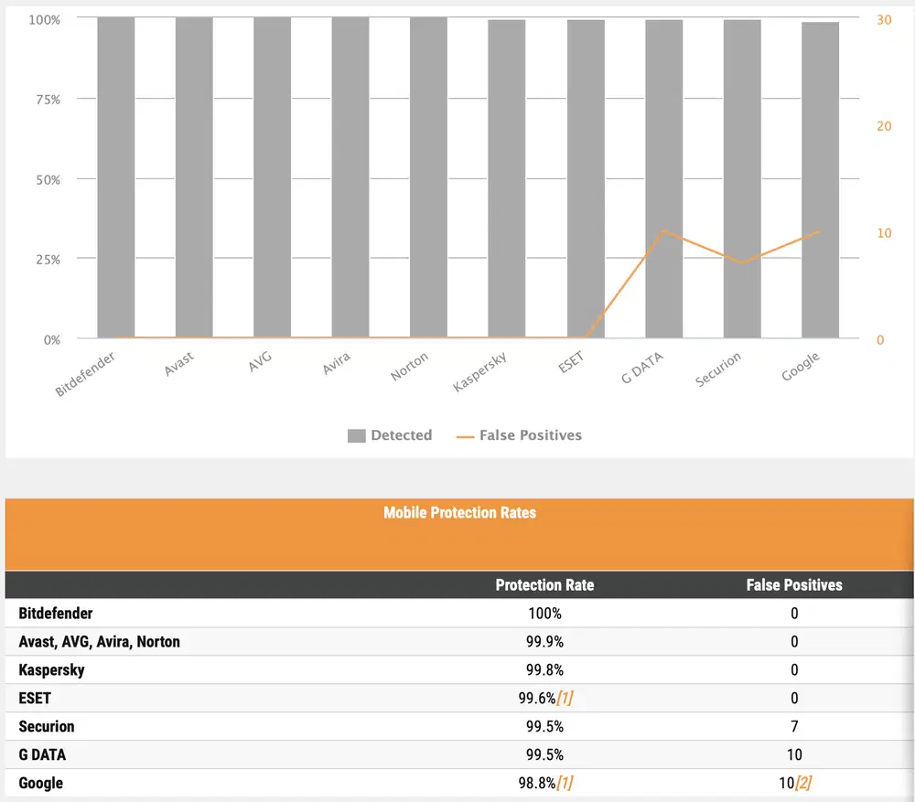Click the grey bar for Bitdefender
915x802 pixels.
[115, 177]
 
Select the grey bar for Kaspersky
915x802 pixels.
[506, 179]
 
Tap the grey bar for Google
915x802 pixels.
[820, 180]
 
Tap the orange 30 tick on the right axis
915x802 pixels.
[884, 19]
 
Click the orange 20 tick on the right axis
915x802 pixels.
[884, 126]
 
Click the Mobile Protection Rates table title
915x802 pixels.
[459, 513]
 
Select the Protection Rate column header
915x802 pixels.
[544, 585]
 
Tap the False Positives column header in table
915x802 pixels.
[794, 585]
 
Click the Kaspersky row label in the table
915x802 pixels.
[51, 670]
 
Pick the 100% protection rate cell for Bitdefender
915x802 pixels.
[544, 614]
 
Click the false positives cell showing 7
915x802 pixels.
[794, 727]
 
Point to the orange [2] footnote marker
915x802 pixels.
[803, 784]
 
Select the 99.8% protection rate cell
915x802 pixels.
[544, 670]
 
